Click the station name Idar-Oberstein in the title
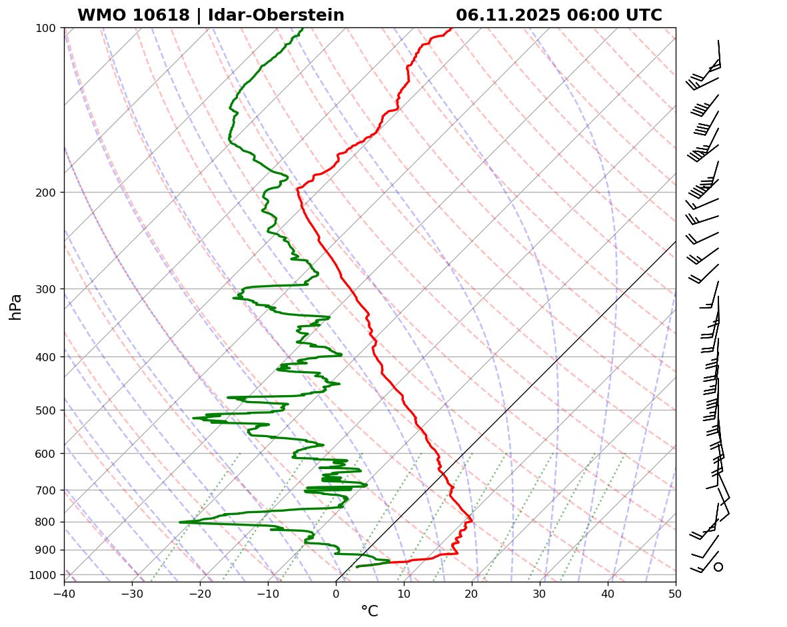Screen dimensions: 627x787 (276, 15)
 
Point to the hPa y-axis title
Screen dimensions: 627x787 (15, 307)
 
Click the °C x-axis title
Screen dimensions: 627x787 (369, 611)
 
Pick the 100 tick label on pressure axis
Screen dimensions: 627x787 (45, 28)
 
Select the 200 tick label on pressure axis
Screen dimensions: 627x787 (45, 193)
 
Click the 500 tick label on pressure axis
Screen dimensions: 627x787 (45, 410)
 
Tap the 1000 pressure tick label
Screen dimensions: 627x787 (43, 575)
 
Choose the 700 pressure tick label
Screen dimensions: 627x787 (45, 490)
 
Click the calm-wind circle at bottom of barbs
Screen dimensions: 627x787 (718, 567)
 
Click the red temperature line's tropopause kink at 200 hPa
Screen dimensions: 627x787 (297, 189)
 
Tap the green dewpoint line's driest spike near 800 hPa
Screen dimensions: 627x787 (180, 522)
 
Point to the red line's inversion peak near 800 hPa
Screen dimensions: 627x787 (472, 519)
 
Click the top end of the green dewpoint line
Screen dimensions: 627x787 (303, 29)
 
